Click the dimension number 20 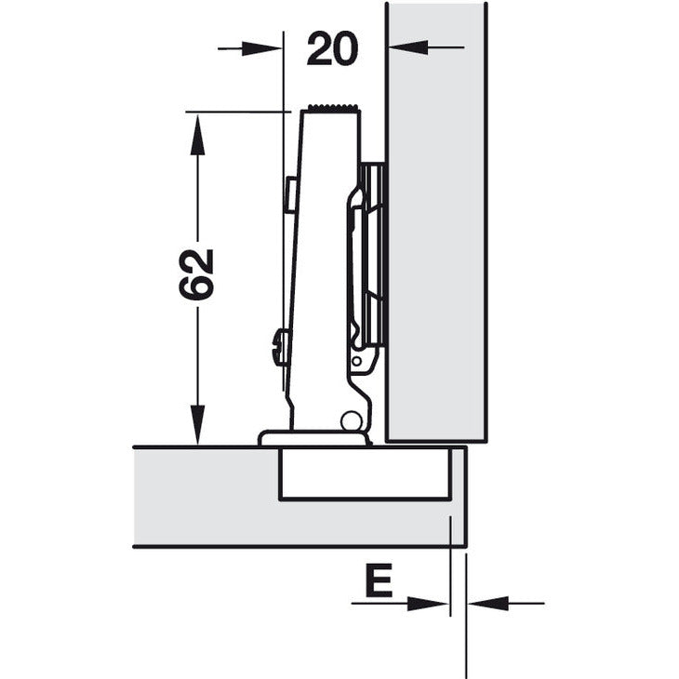pyautogui.click(x=332, y=48)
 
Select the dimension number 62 pyautogui.click(x=197, y=273)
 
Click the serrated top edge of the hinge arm pyautogui.click(x=330, y=108)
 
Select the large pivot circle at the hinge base pyautogui.click(x=351, y=420)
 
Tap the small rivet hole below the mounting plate pyautogui.click(x=355, y=359)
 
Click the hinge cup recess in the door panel pyautogui.click(x=365, y=473)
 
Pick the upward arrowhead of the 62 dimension pyautogui.click(x=196, y=134)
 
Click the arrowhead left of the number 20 pyautogui.click(x=264, y=47)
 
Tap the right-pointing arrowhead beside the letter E pyautogui.click(x=431, y=604)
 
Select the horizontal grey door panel pyautogui.click(x=205, y=498)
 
